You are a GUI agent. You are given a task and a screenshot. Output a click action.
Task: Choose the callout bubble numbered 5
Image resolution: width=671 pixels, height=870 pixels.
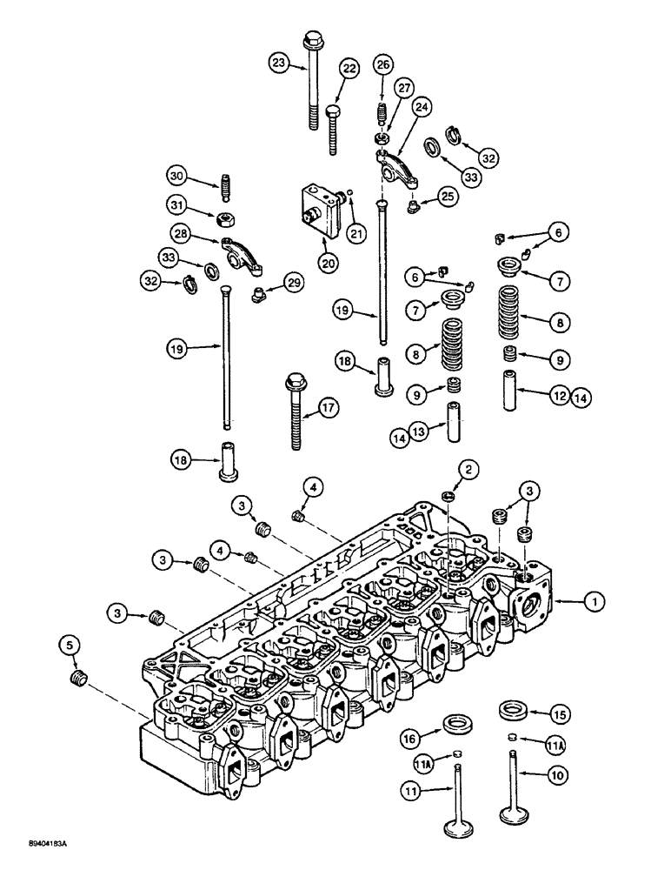click(x=71, y=646)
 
